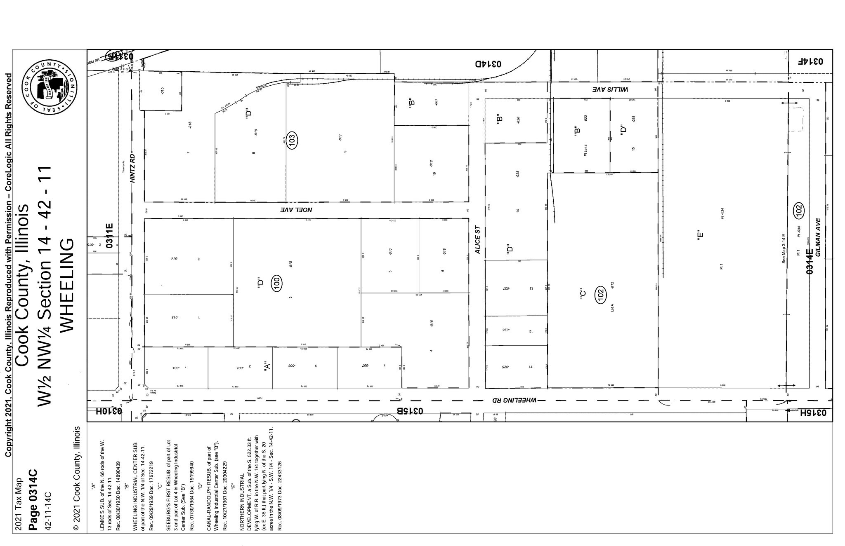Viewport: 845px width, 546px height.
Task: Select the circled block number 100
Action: click(277, 283)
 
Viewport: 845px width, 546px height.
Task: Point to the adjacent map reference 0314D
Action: click(488, 64)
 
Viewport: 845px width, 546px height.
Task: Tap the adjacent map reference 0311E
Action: click(109, 235)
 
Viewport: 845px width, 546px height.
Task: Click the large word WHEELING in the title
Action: click(67, 284)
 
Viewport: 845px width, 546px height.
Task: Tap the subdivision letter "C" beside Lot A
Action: click(582, 293)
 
